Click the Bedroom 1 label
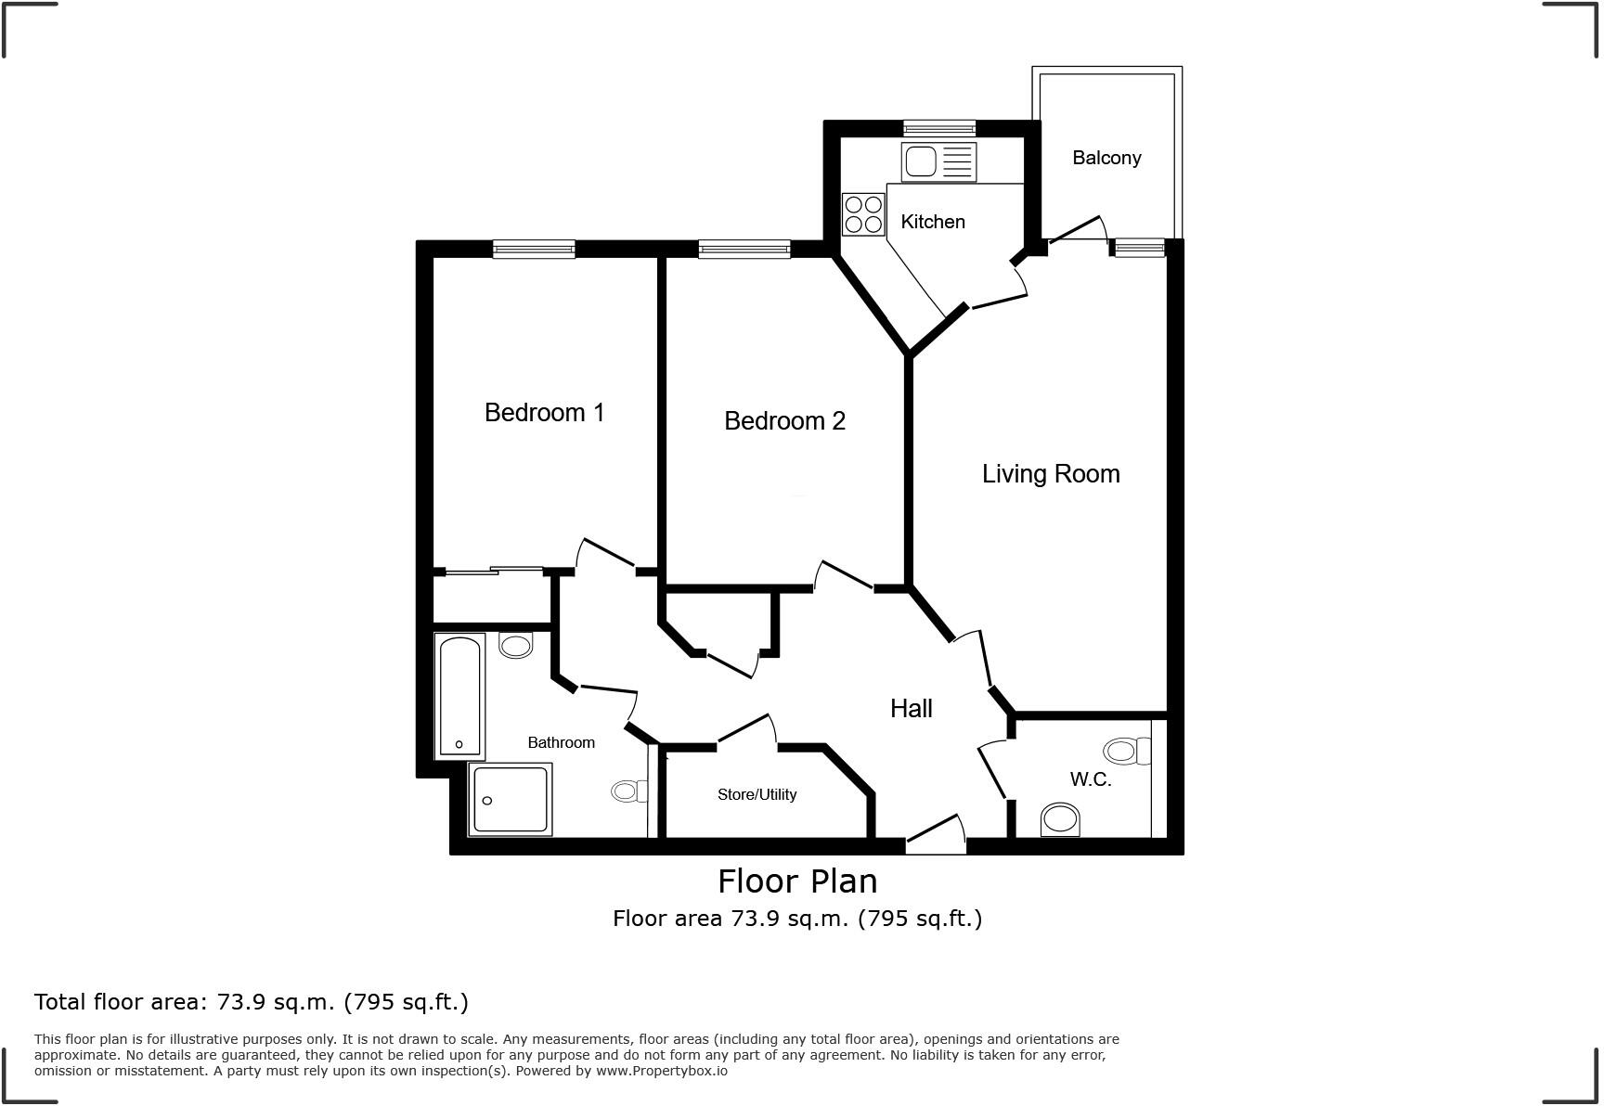(x=544, y=412)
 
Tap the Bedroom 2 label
(x=784, y=421)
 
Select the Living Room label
(x=1051, y=474)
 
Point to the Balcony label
(x=1106, y=158)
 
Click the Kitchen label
(x=933, y=222)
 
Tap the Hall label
(x=911, y=709)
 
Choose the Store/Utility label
(x=757, y=794)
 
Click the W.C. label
(x=1090, y=779)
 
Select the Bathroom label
(x=561, y=742)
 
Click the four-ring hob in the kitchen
(x=863, y=214)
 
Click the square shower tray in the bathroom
(x=511, y=799)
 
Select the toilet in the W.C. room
(x=1060, y=820)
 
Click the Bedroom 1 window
(x=534, y=248)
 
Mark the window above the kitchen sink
(x=939, y=128)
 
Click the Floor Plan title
(x=797, y=881)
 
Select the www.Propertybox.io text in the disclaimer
(x=662, y=1071)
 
